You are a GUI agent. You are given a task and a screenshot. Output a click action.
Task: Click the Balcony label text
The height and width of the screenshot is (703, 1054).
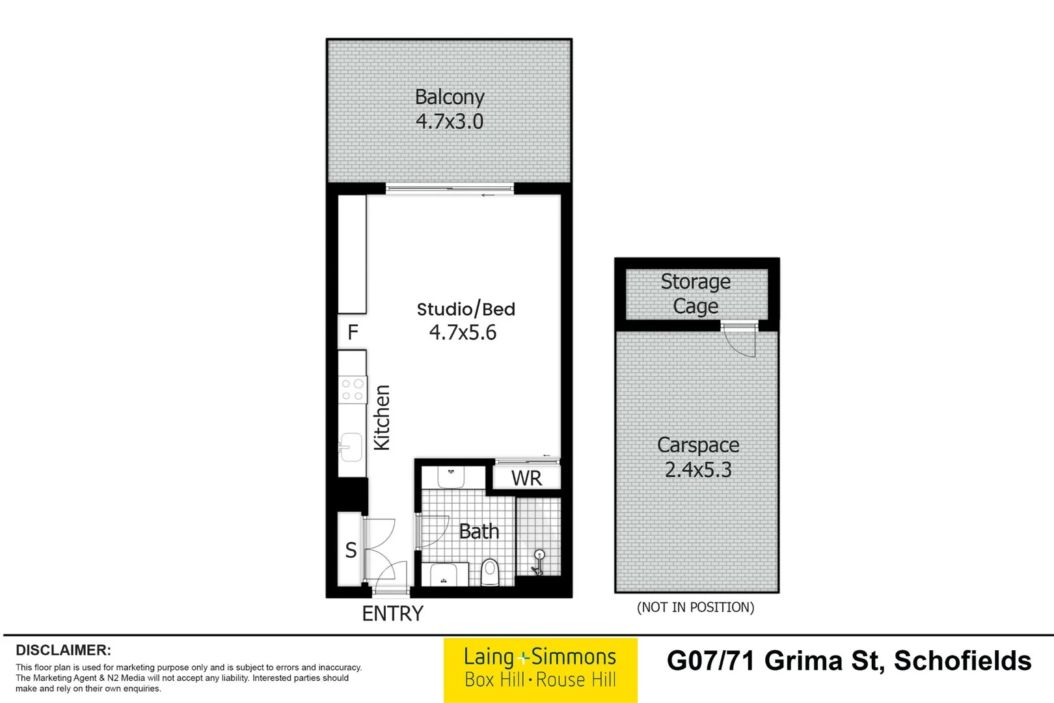[450, 98]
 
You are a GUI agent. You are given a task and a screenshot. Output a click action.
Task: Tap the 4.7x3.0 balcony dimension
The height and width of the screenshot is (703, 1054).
[450, 122]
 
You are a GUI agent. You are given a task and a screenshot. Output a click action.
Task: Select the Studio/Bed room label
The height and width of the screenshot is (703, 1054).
[466, 309]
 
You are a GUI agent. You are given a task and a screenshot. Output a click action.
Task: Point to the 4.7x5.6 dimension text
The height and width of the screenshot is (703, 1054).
[463, 333]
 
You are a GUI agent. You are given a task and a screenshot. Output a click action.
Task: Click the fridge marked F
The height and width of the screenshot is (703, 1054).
[353, 333]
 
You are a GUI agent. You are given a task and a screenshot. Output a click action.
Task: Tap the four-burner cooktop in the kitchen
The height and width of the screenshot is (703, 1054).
[353, 390]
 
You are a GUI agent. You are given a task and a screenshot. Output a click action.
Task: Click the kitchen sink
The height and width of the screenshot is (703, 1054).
[351, 447]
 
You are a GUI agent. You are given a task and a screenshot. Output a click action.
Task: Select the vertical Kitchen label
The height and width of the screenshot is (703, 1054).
[382, 417]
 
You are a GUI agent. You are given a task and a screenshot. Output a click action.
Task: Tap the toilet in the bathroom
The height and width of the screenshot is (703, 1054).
[489, 572]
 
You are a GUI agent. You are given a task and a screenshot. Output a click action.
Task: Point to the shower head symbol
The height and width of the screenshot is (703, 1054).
[539, 557]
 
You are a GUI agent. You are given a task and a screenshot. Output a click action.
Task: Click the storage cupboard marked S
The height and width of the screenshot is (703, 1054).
[351, 551]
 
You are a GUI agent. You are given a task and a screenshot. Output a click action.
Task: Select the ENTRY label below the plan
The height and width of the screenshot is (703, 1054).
[392, 613]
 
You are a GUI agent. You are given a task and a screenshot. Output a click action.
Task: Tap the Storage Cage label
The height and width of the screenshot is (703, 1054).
[696, 294]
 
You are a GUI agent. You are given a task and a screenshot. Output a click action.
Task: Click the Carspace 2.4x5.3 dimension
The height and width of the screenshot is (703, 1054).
[698, 470]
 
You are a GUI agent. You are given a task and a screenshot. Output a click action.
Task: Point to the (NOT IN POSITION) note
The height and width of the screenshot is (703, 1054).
[696, 607]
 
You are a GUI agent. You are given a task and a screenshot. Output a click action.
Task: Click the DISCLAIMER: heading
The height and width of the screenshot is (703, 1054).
[63, 650]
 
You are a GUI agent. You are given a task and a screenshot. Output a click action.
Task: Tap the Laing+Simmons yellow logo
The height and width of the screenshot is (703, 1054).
[540, 669]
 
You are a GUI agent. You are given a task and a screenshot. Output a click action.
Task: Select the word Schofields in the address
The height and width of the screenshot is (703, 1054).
[962, 661]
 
